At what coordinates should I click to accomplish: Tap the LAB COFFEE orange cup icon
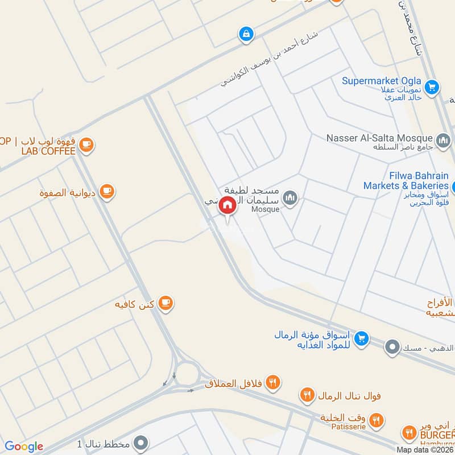tap(86, 146)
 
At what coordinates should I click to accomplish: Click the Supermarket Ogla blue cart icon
tap(432, 87)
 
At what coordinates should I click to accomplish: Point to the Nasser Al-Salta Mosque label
tap(379, 138)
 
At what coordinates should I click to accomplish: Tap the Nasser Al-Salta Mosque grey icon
tap(443, 139)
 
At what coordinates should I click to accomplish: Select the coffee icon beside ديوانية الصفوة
tap(107, 192)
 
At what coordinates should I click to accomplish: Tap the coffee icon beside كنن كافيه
tap(165, 303)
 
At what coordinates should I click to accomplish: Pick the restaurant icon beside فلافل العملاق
tap(274, 383)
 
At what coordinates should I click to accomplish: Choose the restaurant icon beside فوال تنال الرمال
tap(308, 395)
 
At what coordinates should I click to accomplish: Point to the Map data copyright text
tap(425, 449)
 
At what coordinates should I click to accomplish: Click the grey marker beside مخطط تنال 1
tap(143, 442)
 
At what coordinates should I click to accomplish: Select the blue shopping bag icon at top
tap(246, 34)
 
